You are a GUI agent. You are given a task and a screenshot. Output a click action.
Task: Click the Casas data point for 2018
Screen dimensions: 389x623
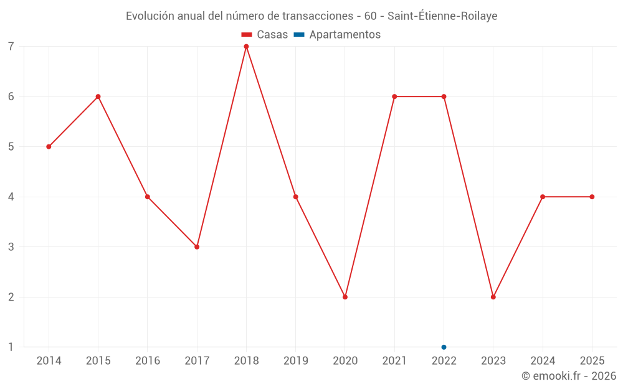click(246, 47)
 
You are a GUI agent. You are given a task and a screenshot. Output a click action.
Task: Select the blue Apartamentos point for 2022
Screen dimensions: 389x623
click(444, 347)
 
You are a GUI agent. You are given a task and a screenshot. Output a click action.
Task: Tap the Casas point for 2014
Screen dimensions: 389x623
click(49, 147)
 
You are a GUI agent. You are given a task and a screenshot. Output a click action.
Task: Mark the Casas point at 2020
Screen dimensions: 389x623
click(345, 297)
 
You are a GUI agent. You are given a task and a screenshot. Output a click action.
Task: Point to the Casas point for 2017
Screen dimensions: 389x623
click(197, 247)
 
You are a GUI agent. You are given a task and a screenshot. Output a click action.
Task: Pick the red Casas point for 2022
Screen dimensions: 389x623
click(444, 96)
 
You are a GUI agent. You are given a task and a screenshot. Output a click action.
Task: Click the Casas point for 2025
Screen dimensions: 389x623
click(592, 197)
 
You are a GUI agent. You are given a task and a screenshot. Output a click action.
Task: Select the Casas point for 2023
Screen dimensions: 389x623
click(493, 297)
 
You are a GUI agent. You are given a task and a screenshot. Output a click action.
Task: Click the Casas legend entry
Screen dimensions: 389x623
click(265, 35)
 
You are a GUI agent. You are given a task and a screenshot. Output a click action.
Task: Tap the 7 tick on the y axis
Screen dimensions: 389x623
click(11, 47)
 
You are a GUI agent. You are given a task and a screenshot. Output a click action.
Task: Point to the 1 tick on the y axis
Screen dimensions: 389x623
click(11, 347)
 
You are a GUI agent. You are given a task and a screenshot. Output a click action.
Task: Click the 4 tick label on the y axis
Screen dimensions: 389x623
click(11, 197)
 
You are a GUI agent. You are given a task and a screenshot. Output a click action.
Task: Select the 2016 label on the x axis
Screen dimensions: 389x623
click(148, 361)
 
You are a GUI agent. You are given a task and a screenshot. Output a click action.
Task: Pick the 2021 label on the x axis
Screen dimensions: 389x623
click(394, 361)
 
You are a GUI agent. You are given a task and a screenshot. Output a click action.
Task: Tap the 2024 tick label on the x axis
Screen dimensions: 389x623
click(543, 361)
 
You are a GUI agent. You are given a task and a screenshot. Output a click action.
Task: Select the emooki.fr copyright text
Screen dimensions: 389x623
click(568, 376)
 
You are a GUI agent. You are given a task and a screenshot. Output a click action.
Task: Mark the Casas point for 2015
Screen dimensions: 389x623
click(98, 96)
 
